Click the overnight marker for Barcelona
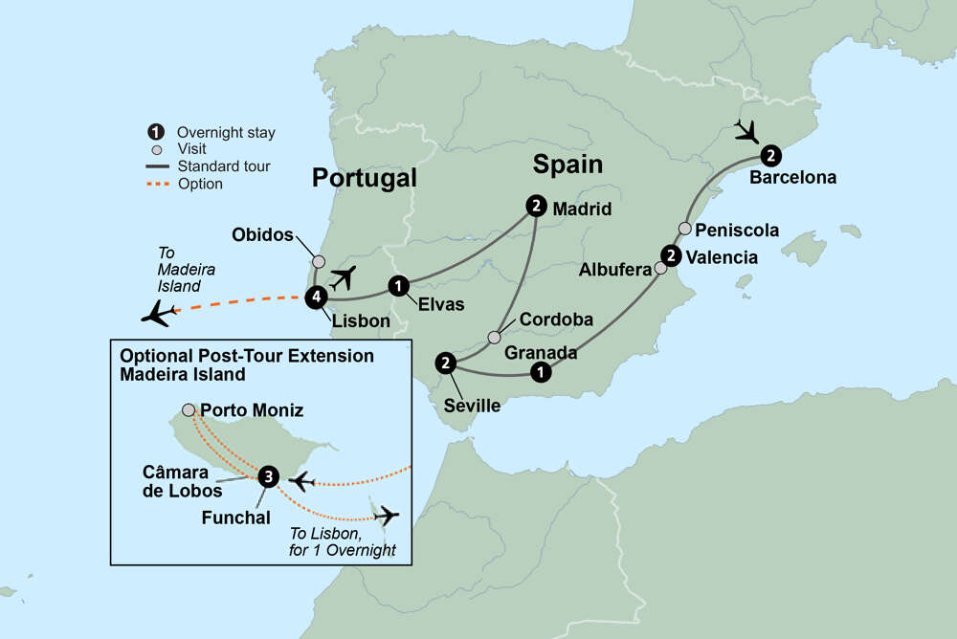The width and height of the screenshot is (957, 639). click(770, 156)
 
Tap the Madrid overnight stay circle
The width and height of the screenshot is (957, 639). click(536, 205)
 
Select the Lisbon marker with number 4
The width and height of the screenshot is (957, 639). click(317, 297)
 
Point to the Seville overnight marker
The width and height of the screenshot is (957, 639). click(445, 363)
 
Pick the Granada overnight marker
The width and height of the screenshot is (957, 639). click(541, 373)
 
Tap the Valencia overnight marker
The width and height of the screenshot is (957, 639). click(672, 255)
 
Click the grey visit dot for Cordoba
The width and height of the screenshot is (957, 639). click(494, 337)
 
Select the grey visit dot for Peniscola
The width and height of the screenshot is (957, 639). click(685, 229)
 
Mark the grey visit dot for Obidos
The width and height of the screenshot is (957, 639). click(319, 259)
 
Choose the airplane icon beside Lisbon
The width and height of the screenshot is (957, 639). click(343, 277)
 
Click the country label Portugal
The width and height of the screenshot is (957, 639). click(365, 178)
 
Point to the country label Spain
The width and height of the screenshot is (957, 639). click(568, 165)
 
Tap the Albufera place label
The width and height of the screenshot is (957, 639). click(616, 271)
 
